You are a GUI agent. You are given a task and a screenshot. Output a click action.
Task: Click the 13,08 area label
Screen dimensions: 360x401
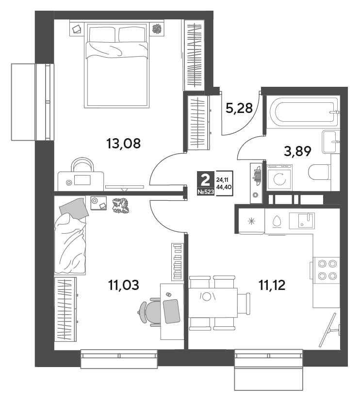coord(123,144)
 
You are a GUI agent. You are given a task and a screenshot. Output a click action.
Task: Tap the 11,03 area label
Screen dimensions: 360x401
coord(124,285)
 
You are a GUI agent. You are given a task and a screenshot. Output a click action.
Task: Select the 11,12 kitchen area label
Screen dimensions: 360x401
coord(272,285)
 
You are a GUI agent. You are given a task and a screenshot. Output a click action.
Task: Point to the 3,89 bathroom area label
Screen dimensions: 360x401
coord(297,151)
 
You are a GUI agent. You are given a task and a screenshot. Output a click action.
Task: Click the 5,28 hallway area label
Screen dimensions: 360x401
coord(239,108)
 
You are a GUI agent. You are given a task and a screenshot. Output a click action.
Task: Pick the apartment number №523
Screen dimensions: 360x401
coord(205,192)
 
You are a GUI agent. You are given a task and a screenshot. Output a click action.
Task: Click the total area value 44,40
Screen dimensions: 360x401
coord(224,187)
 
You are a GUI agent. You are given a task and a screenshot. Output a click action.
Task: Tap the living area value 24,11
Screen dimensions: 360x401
coord(222,180)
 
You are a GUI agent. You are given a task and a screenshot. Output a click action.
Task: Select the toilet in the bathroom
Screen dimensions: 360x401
coord(319,172)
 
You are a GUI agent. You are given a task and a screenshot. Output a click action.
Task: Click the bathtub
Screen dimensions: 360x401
coord(303,112)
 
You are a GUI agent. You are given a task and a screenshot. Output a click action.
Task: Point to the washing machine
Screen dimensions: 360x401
coord(279,177)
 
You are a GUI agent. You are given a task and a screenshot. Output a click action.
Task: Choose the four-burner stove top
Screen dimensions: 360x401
coord(327,270)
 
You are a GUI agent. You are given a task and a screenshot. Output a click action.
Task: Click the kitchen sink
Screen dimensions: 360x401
coord(302,221)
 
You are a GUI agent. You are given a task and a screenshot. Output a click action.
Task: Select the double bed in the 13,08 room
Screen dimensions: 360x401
coord(117,65)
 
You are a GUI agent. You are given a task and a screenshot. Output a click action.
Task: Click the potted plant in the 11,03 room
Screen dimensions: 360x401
coord(121,206)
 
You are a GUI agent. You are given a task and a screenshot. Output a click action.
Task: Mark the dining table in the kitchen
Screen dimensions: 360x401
coord(213,303)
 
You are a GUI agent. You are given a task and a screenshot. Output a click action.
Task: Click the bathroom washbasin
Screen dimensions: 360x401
coord(330,142)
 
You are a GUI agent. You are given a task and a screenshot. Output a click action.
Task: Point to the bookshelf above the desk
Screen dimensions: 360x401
coord(177,261)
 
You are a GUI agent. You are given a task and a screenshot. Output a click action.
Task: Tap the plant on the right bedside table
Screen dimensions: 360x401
coord(156,29)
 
